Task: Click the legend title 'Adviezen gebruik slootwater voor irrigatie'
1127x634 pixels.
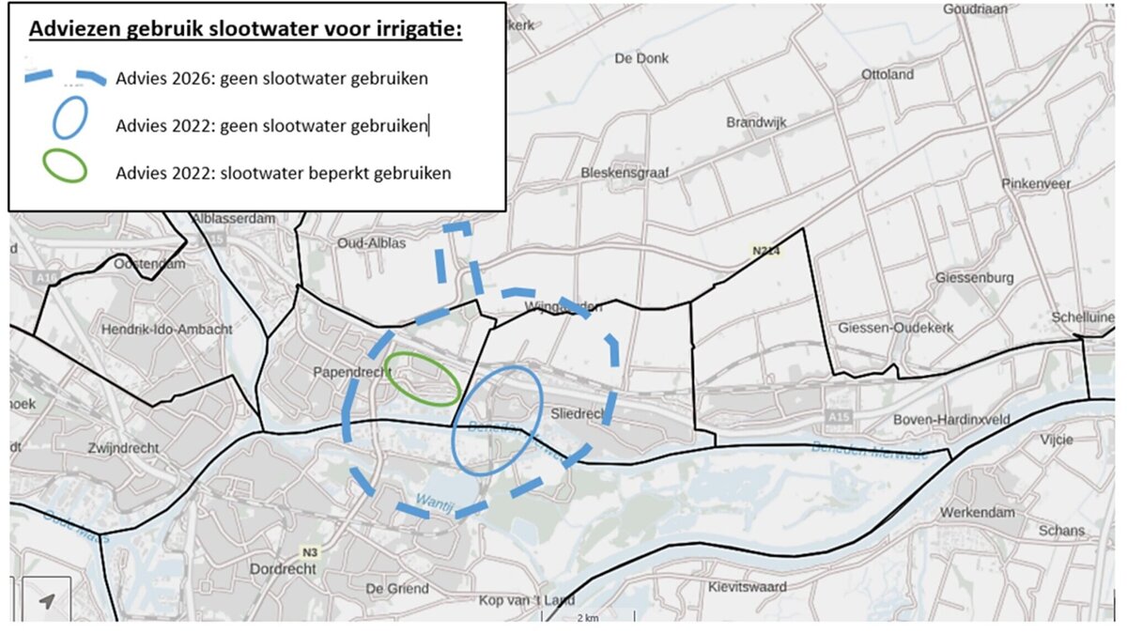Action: pos(245,29)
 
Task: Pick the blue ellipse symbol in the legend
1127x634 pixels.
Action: pos(70,120)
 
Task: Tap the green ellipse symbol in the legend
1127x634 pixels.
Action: pos(64,166)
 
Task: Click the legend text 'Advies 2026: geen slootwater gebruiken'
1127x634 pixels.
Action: pos(271,79)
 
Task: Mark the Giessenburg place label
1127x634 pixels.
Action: pos(974,278)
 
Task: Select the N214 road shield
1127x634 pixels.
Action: pos(765,251)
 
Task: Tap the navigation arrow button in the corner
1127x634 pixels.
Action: pos(45,600)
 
